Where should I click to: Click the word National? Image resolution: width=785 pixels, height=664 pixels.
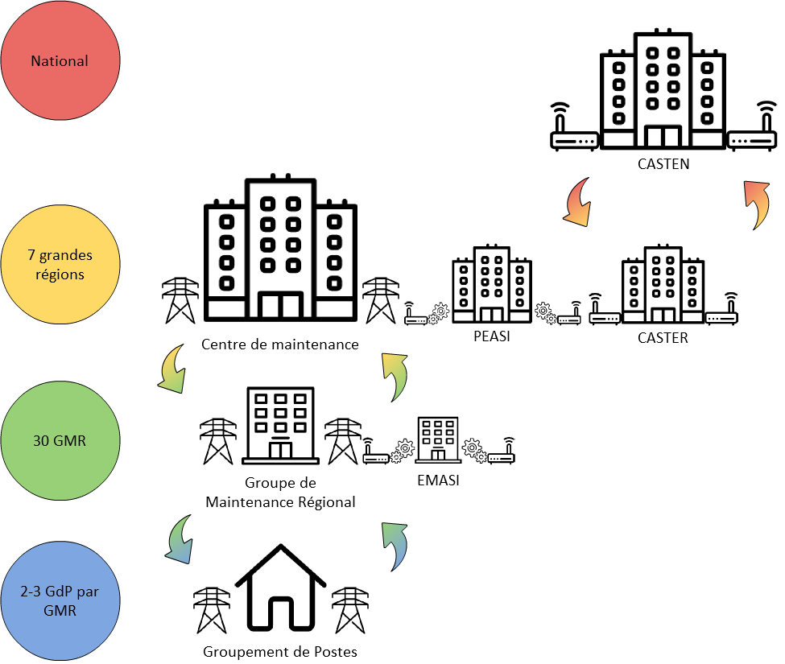[60, 61]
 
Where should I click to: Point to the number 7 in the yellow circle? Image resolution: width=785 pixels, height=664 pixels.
[31, 256]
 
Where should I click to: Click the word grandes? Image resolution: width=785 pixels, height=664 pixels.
[66, 257]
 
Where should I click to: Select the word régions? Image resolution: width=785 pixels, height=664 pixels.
[60, 274]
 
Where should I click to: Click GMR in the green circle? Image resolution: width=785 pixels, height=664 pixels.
[70, 441]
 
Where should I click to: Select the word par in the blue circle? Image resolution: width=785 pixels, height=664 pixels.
[89, 593]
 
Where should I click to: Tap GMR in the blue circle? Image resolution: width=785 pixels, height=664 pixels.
[60, 610]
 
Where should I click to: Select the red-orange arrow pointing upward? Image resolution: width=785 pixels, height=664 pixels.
[757, 203]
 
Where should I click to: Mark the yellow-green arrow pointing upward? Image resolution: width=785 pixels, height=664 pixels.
[395, 375]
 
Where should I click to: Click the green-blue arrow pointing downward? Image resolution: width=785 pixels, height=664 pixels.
[180, 540]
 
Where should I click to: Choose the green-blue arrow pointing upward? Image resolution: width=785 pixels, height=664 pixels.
[395, 545]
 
